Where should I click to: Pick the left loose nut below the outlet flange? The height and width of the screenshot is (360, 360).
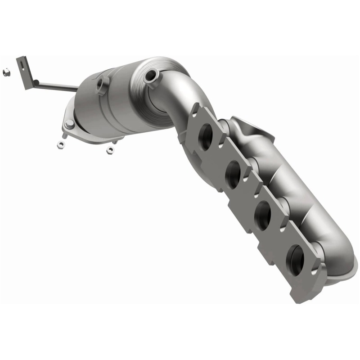pos(60,144)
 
